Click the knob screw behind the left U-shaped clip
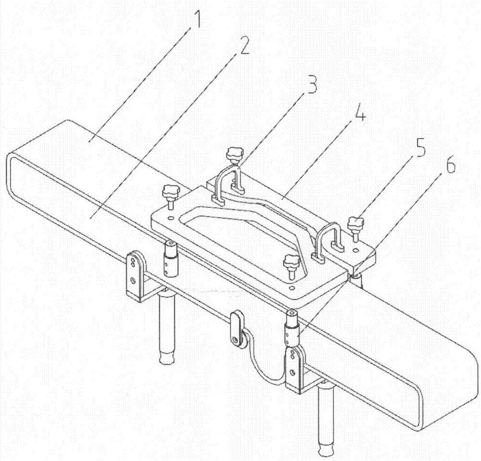coord(234,155)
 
